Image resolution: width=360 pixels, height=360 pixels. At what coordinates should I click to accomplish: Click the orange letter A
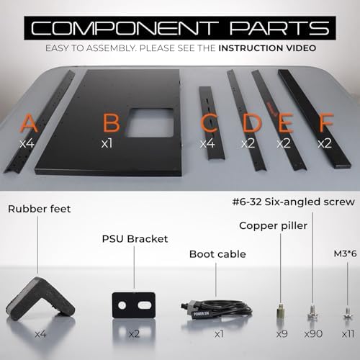coord(29,123)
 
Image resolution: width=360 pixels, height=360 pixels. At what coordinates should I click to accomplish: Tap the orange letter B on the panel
coord(111,122)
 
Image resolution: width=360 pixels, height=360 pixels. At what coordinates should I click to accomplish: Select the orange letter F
coord(327,122)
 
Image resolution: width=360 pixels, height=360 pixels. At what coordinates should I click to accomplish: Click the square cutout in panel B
coord(150,122)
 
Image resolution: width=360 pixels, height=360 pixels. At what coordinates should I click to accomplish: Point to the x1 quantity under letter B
coord(107,143)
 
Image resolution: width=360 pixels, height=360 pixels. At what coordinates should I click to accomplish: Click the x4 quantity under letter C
coord(207,143)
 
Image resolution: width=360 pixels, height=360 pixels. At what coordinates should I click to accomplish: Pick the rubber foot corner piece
coord(40,300)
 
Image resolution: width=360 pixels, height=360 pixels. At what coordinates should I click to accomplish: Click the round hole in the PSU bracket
coord(122,305)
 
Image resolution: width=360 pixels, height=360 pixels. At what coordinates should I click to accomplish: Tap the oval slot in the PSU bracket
coord(145,305)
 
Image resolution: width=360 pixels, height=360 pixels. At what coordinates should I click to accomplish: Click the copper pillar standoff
coord(281,311)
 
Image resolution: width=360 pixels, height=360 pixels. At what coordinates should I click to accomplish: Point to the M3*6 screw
coord(347,313)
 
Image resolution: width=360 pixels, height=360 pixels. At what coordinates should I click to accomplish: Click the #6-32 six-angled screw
coord(312,311)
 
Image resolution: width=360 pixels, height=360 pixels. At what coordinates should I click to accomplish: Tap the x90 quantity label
coord(313,333)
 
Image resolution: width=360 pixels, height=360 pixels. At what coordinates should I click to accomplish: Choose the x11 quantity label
coord(348,333)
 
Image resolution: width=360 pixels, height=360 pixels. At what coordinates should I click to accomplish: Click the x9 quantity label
coord(282,333)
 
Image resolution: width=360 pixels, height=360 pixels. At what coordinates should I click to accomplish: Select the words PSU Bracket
coord(135,239)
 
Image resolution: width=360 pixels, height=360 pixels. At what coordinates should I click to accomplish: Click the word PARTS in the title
coord(280,28)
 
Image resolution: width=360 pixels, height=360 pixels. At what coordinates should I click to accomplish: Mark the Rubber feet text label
coord(40,209)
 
